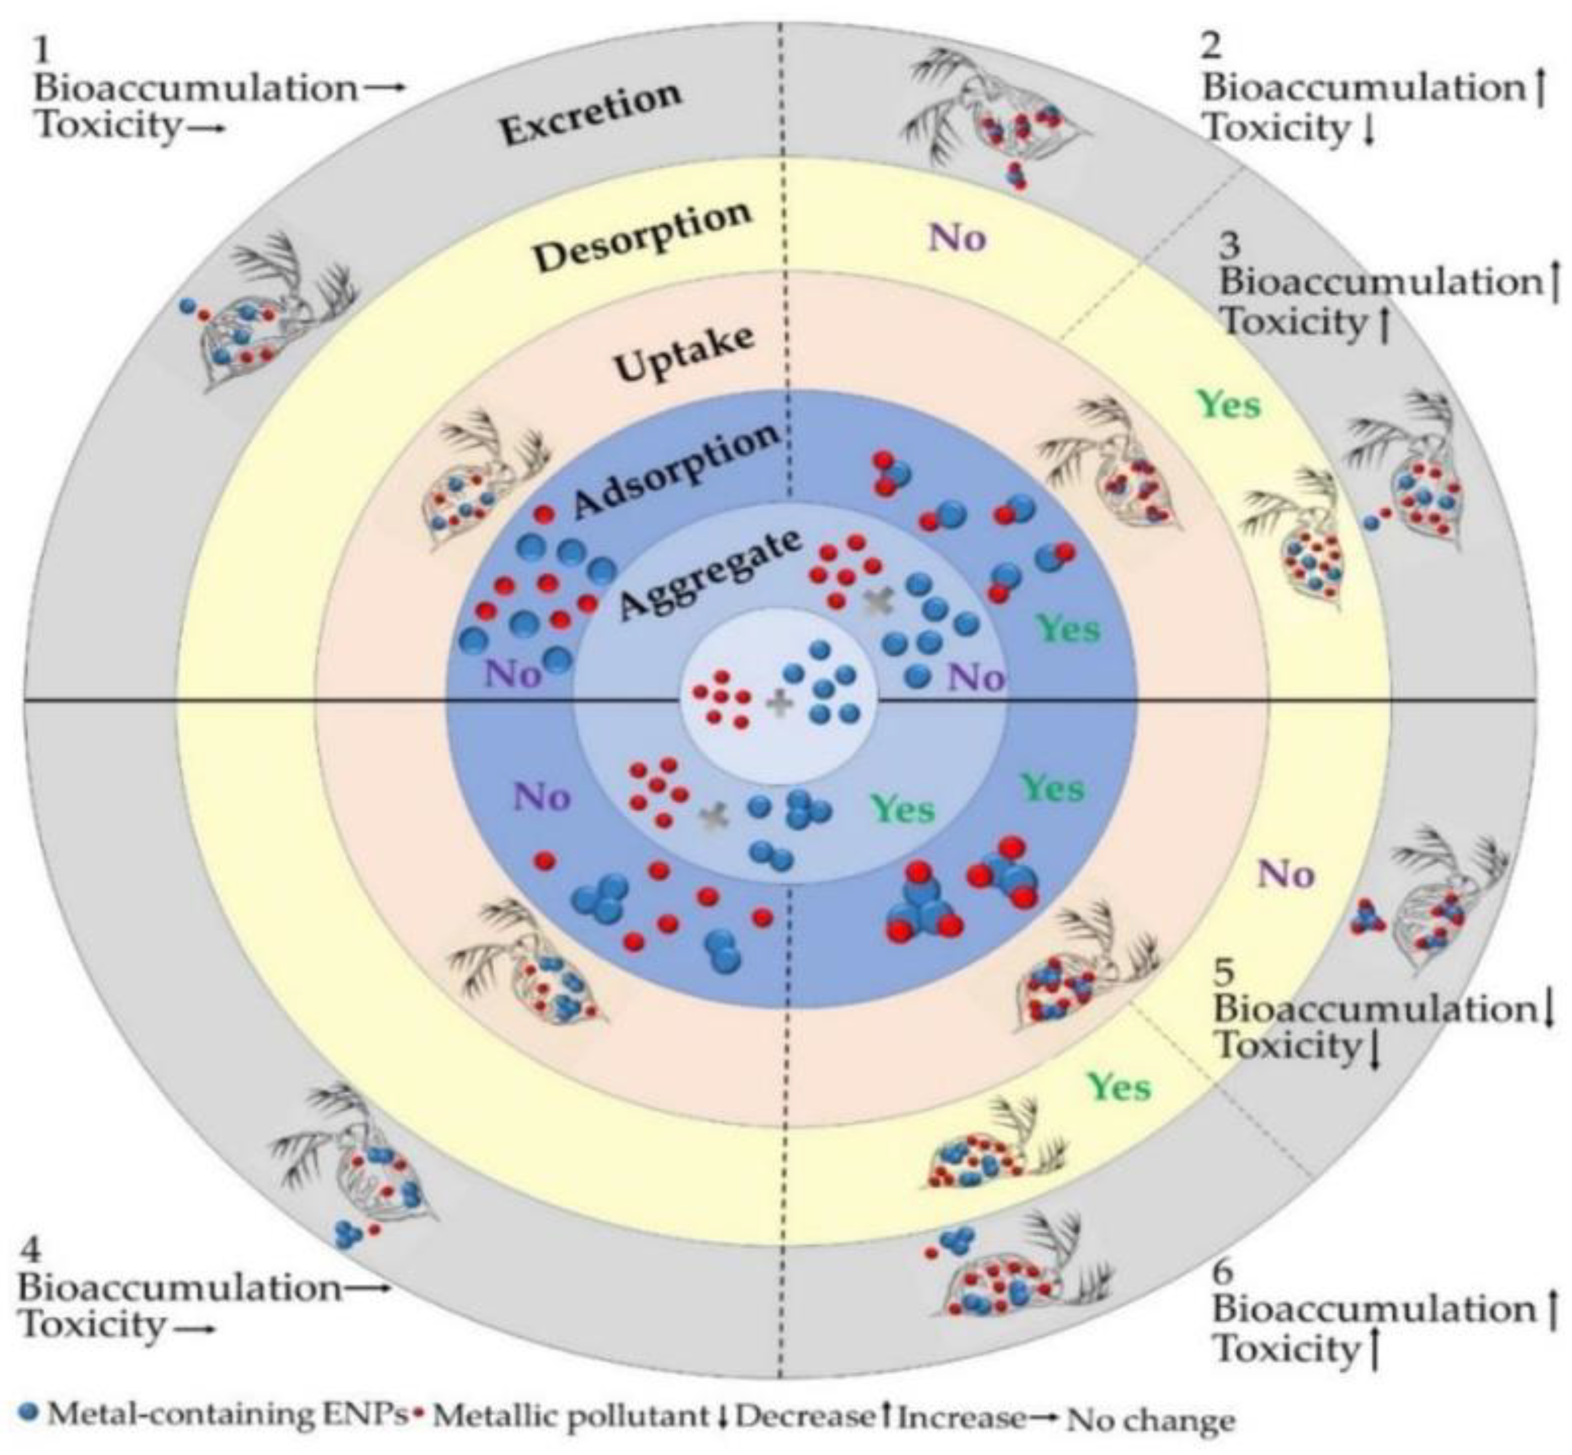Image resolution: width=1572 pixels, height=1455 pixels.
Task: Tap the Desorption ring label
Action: click(643, 236)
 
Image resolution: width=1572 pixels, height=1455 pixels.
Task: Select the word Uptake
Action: click(684, 354)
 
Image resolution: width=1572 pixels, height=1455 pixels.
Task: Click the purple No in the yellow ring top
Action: click(957, 237)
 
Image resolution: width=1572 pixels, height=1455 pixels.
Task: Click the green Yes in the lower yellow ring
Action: click(1119, 1087)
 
